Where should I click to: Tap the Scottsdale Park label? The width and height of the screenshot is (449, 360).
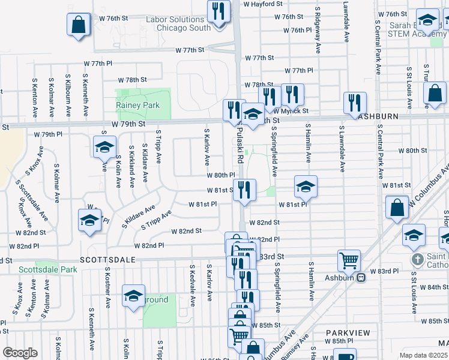tap(47, 270)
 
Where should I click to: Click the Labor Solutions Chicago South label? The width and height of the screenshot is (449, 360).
tap(178, 23)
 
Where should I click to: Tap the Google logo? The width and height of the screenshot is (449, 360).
tap(20, 352)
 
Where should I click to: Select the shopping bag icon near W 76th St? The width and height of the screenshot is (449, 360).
tap(79, 25)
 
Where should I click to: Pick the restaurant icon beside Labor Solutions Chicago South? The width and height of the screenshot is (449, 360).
tap(218, 11)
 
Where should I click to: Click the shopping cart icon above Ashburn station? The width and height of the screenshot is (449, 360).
tap(349, 260)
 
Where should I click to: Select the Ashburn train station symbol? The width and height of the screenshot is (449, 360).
tap(361, 277)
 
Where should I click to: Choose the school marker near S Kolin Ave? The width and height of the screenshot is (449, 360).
tap(104, 146)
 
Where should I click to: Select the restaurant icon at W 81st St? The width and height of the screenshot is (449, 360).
tap(245, 190)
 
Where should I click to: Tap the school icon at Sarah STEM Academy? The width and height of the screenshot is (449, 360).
tap(427, 20)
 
